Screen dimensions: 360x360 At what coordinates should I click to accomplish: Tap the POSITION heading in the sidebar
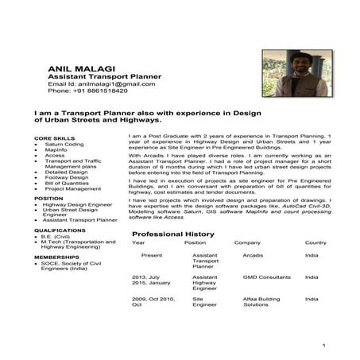tap(47, 198)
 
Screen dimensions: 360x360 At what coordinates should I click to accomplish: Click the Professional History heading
tap(172, 234)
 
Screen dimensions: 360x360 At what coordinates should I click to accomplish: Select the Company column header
tap(247, 242)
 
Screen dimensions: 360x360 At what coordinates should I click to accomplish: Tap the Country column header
tap(315, 242)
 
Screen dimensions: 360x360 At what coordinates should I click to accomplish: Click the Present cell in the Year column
tap(151, 256)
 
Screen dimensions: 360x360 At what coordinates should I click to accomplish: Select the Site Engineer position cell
tap(204, 301)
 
